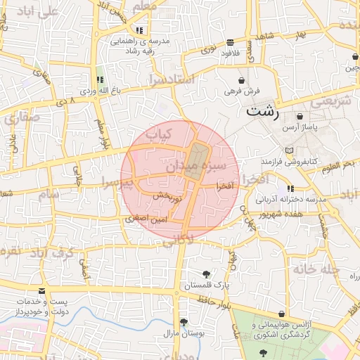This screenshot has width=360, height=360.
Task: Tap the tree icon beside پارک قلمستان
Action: (x=206, y=274)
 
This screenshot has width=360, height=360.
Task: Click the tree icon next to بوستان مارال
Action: (x=183, y=322)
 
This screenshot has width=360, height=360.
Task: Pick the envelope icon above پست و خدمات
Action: (x=41, y=290)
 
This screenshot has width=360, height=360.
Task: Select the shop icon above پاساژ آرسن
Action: (x=300, y=116)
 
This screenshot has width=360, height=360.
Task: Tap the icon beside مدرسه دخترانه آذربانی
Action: (x=290, y=188)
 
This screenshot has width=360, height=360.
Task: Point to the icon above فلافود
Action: (x=231, y=43)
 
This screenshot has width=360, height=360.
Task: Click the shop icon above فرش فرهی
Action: (x=242, y=80)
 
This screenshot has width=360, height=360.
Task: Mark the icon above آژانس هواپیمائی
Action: (x=282, y=314)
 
